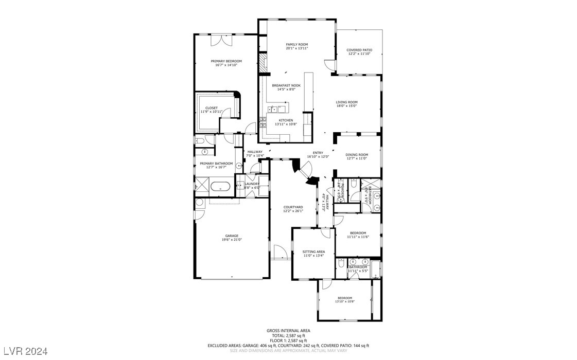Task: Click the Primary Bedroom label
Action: (x=226, y=61)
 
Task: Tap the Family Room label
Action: (x=296, y=45)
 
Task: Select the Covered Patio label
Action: (x=359, y=50)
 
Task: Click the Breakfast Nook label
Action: (x=286, y=85)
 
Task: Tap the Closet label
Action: (x=211, y=108)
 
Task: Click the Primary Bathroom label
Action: (x=216, y=164)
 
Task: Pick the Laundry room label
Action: (x=252, y=184)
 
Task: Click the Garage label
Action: (x=231, y=236)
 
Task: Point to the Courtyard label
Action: (x=293, y=207)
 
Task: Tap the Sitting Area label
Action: (x=313, y=251)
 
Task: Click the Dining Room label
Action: (x=356, y=155)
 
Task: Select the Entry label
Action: (x=318, y=153)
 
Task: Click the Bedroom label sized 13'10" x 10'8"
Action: (x=344, y=298)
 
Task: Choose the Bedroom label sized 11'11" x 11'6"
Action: (x=358, y=233)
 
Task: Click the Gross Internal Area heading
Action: (x=288, y=331)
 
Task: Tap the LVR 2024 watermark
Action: (x=24, y=351)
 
